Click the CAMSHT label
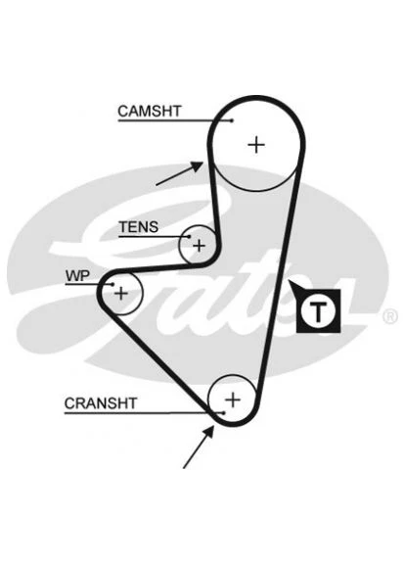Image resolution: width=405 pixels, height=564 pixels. pyautogui.click(x=150, y=112)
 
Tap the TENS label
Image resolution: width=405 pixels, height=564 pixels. pyautogui.click(x=139, y=227)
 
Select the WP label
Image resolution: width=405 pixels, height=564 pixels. pyautogui.click(x=77, y=276)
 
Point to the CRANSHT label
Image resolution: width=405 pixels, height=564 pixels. pyautogui.click(x=101, y=403)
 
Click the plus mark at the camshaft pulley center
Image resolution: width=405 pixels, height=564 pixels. pyautogui.click(x=256, y=145)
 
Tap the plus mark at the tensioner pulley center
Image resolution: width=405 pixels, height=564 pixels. pyautogui.click(x=199, y=246)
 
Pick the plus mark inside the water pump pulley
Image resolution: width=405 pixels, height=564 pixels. pyautogui.click(x=121, y=294)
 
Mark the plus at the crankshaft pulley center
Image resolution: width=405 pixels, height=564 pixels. pyautogui.click(x=233, y=399)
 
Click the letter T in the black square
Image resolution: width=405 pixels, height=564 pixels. pyautogui.click(x=318, y=311)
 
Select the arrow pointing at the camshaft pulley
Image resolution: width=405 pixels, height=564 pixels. pyautogui.click(x=179, y=173)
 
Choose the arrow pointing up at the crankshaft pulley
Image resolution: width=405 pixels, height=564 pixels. pyautogui.click(x=199, y=446)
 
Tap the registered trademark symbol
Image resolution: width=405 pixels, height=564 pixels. pyautogui.click(x=389, y=316)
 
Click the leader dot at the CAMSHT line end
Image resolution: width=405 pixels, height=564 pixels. pyautogui.click(x=232, y=120)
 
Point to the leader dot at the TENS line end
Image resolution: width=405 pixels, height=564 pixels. pyautogui.click(x=189, y=237)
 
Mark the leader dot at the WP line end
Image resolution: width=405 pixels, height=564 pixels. pyautogui.click(x=112, y=284)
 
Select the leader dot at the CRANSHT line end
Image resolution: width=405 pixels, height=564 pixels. pyautogui.click(x=223, y=413)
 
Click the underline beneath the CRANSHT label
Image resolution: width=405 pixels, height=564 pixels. pyautogui.click(x=144, y=413)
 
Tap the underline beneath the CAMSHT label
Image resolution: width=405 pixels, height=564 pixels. pyautogui.click(x=175, y=120)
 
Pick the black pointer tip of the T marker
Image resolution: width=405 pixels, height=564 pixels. pyautogui.click(x=290, y=281)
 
